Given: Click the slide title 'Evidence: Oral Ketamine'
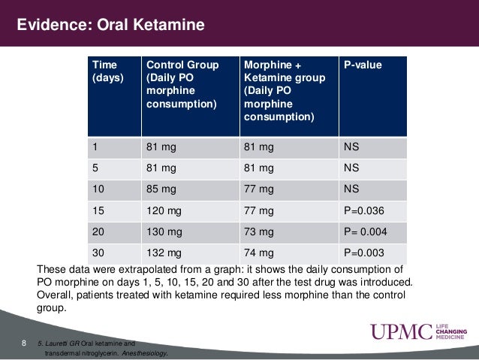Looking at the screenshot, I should pos(111,26).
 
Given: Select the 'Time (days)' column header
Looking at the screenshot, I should pos(106,71).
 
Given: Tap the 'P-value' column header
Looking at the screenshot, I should pos(363,65).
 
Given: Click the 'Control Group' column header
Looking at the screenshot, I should pos(182,84).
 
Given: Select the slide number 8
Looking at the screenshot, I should pos(24,344).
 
